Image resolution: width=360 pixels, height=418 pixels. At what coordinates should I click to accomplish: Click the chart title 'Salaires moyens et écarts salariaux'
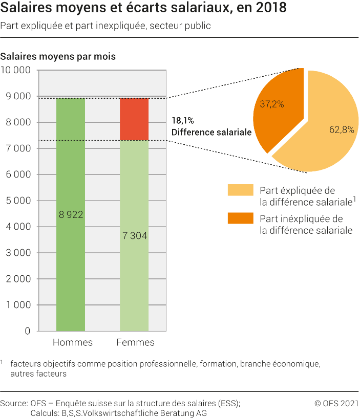[143, 9]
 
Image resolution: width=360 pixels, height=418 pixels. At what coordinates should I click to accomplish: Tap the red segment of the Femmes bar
[134, 119]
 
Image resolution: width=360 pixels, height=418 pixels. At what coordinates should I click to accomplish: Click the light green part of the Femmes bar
[134, 276]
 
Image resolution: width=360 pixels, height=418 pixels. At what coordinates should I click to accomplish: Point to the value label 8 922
[71, 215]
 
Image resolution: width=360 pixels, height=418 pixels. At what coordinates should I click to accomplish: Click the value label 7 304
[135, 236]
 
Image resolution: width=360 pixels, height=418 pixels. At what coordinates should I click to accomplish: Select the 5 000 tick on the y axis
[19, 201]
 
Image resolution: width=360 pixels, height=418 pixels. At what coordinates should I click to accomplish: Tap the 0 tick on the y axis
[27, 331]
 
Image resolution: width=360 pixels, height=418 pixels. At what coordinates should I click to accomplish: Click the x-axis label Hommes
[73, 342]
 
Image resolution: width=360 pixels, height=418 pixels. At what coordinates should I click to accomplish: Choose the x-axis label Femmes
[135, 342]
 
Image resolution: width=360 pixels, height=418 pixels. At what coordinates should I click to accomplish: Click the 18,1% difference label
[182, 121]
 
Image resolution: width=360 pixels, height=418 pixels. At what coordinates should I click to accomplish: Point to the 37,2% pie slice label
[272, 104]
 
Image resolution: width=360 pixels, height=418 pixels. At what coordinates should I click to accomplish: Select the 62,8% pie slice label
[342, 130]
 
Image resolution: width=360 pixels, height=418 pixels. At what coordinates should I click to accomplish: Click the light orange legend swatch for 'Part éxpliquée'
[241, 190]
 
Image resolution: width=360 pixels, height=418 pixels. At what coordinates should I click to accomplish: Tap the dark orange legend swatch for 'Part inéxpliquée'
[241, 218]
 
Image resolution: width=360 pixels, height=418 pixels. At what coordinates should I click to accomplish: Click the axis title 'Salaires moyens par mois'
[58, 57]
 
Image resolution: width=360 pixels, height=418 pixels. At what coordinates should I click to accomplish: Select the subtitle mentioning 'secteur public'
[105, 26]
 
